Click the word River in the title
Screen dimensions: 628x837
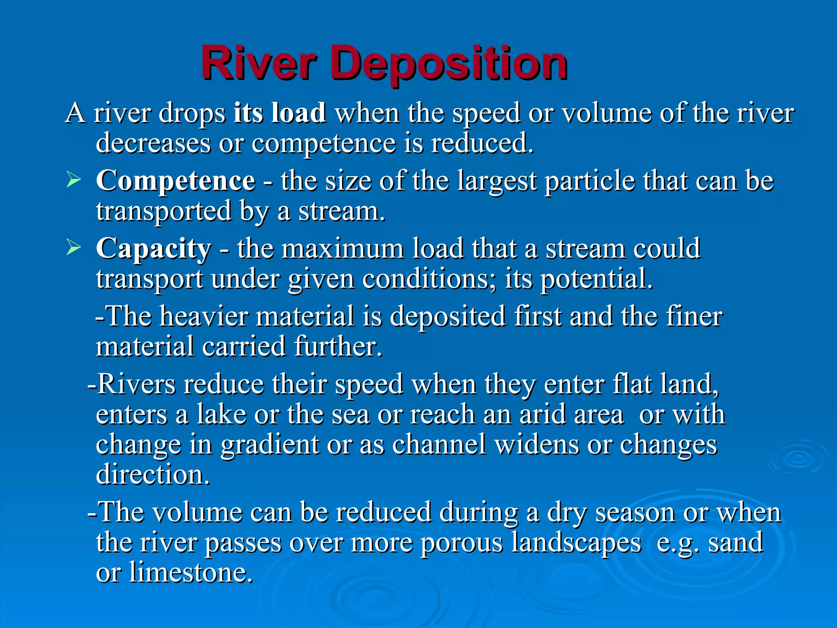258,63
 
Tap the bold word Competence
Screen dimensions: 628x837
176,180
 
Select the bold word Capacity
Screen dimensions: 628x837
154,249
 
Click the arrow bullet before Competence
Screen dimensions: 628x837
74,180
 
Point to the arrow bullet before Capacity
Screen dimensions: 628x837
74,248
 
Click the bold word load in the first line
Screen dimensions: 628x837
298,113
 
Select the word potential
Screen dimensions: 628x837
596,279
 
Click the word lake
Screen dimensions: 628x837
221,415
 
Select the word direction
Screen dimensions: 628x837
152,475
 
